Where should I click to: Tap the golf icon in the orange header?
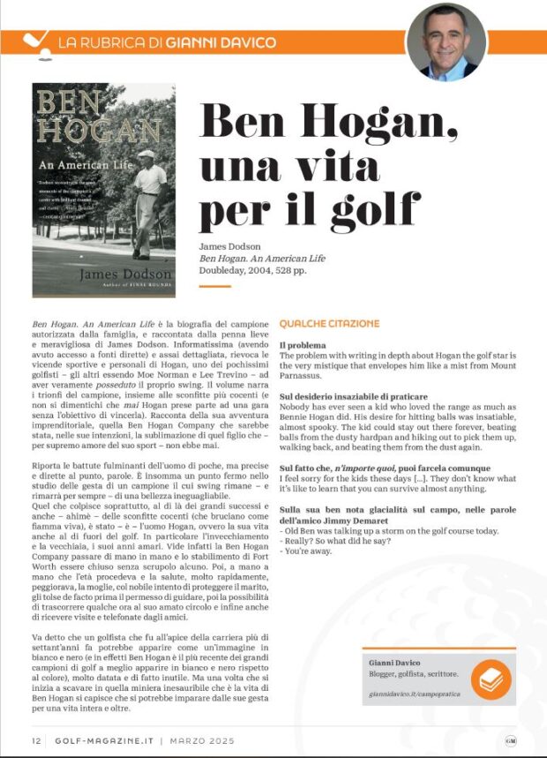[x=34, y=41]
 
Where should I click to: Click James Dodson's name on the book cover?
[x=103, y=274]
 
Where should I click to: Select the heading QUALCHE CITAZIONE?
[x=329, y=324]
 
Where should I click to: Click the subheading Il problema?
[x=303, y=344]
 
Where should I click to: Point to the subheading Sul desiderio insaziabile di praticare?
[x=353, y=397]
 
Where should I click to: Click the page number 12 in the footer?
[x=35, y=740]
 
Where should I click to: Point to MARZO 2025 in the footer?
[x=188, y=740]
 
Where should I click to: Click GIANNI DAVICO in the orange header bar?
[x=220, y=41]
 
